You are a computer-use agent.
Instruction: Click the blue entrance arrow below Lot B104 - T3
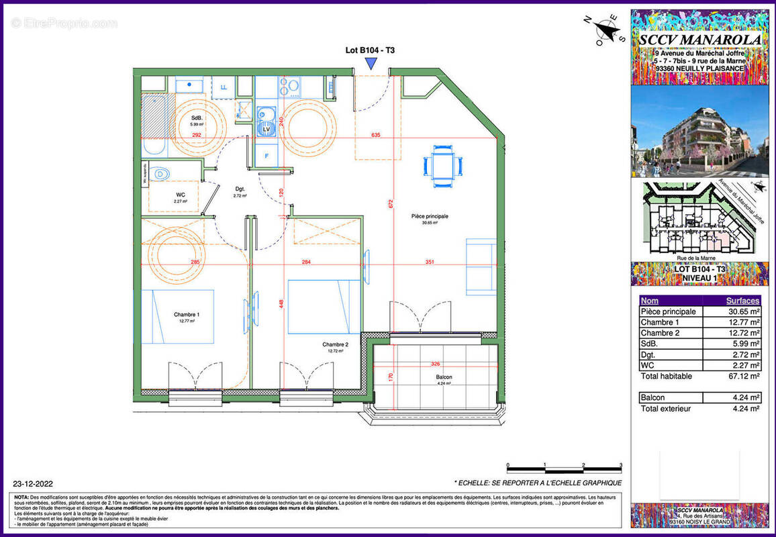point(370,63)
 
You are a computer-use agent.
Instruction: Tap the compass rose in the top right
point(608,31)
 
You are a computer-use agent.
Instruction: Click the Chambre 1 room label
point(186,314)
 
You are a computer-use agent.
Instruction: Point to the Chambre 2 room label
point(338,344)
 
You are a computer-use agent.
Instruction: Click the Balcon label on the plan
point(443,377)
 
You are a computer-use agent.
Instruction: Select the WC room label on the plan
point(180,194)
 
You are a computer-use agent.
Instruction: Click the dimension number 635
point(375,135)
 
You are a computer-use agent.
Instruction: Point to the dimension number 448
point(282,303)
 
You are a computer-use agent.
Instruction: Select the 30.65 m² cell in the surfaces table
point(743,311)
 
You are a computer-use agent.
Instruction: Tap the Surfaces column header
point(742,301)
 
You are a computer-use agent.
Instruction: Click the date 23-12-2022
point(33,483)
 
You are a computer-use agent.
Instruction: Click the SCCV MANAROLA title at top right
point(700,40)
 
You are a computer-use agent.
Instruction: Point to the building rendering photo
point(700,132)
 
